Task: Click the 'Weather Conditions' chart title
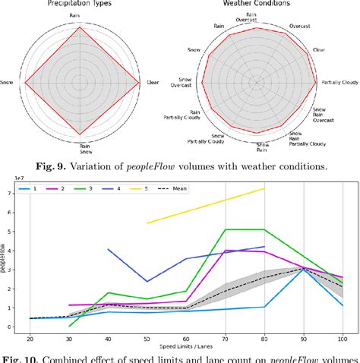pos(261,3)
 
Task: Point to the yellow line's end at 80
pos(264,188)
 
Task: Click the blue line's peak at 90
pos(302,267)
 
